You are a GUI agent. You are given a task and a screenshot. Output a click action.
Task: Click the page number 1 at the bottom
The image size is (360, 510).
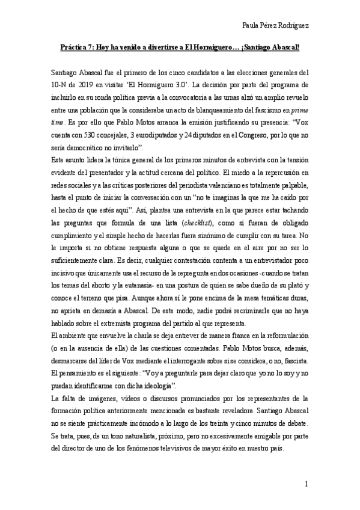pos(307,484)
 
